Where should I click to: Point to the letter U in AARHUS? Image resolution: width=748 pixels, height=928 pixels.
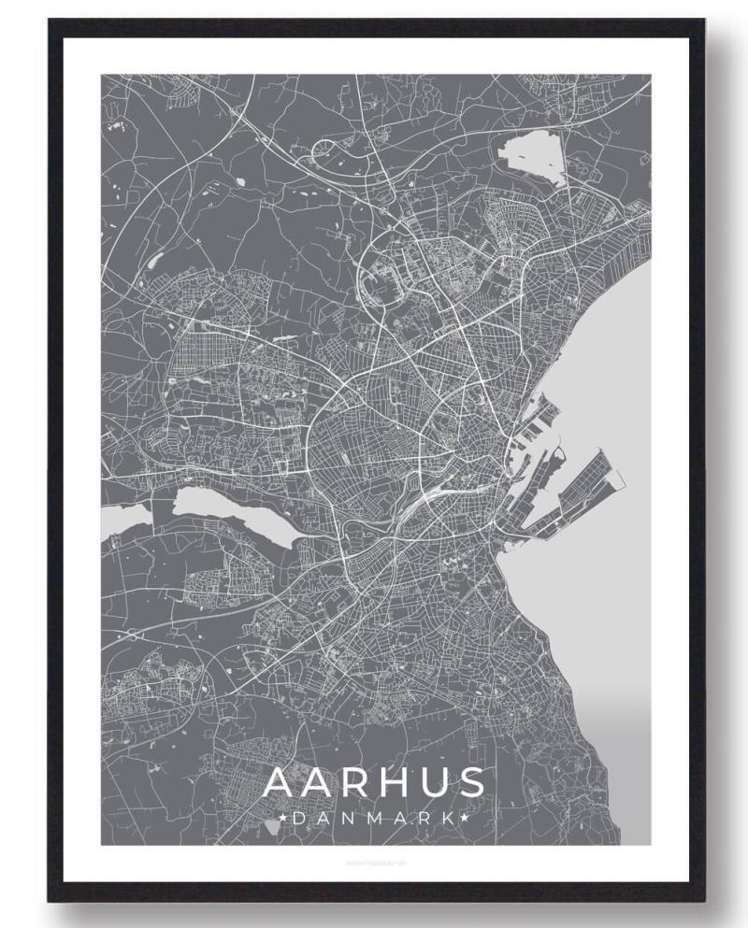point(434,782)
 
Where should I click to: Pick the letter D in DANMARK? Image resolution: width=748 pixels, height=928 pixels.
point(298,819)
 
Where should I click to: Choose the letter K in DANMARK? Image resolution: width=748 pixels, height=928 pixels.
point(448,819)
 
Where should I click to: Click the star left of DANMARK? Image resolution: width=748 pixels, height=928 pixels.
point(283,819)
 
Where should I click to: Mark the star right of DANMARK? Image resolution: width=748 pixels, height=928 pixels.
point(463,819)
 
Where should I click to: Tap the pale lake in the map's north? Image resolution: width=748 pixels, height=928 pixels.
point(533,154)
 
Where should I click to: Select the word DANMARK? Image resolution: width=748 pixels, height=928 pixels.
point(374,819)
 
